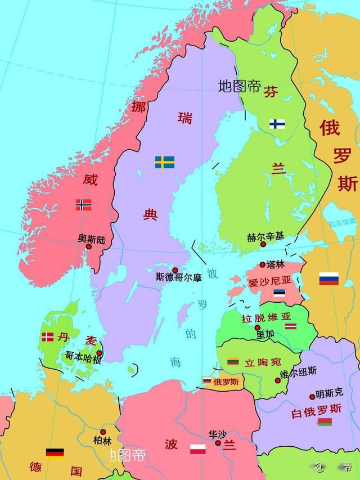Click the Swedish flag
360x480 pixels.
(164, 162)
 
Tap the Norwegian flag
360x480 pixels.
(83, 205)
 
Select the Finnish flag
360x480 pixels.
(277, 124)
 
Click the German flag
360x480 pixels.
(55, 453)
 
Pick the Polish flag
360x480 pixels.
(197, 449)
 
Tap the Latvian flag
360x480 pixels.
(290, 326)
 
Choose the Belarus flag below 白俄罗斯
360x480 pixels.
(324, 421)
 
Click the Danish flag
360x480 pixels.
(48, 337)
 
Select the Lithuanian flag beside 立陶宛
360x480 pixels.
(233, 361)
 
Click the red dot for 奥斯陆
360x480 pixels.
(88, 246)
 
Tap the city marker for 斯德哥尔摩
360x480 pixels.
(175, 270)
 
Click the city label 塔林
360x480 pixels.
(276, 264)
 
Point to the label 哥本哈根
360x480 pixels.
(83, 357)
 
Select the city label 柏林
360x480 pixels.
(102, 440)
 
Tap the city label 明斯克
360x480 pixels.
(329, 392)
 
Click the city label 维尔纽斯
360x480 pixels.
(298, 371)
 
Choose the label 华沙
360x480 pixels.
(217, 434)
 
